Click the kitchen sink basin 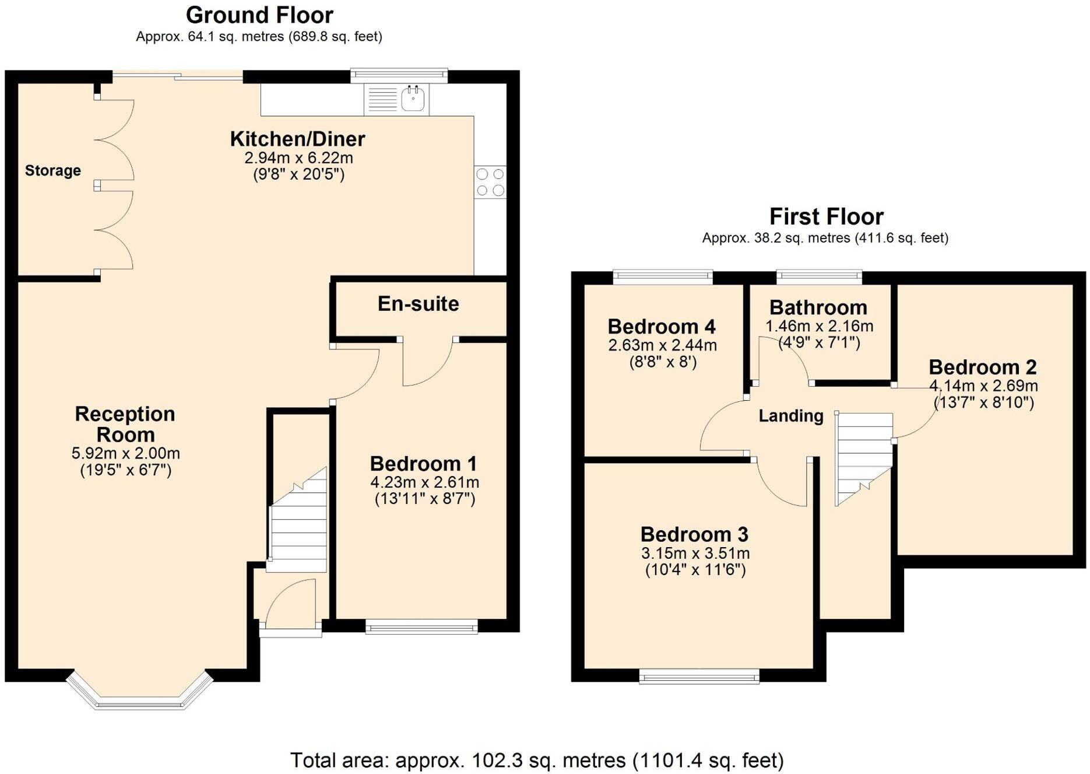(x=413, y=99)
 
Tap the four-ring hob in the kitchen (x=490, y=182)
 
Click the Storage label (x=52, y=171)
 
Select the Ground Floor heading (x=259, y=15)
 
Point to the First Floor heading (x=826, y=216)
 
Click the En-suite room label (x=418, y=304)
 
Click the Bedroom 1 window (x=421, y=627)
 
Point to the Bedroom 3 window (x=699, y=676)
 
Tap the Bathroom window (x=819, y=277)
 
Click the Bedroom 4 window (x=663, y=277)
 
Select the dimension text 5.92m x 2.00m (x=125, y=453)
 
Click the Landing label (x=790, y=416)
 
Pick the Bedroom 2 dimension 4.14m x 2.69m (x=983, y=386)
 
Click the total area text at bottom (x=537, y=761)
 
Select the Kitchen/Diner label (x=297, y=139)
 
